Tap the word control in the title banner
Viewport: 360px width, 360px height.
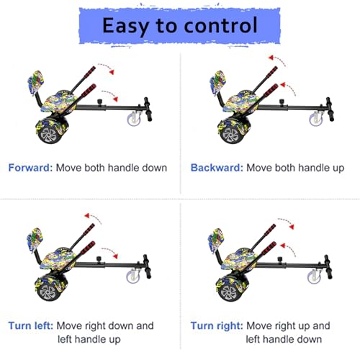[221, 25]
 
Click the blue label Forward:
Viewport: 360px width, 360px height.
[30, 168]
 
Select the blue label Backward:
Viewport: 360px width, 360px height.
[217, 168]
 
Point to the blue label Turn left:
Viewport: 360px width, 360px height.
[30, 325]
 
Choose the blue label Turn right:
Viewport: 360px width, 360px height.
[217, 325]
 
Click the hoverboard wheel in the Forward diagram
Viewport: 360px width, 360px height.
[48, 135]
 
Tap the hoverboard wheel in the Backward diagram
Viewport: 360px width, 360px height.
[230, 135]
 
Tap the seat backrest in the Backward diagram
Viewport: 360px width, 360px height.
[217, 83]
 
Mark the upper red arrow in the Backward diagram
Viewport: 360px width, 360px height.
[277, 60]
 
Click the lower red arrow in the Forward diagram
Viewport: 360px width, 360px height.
[111, 94]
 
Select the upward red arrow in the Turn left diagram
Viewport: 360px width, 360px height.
[93, 217]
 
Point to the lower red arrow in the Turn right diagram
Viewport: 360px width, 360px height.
[288, 249]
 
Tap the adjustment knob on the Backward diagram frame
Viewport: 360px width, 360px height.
[282, 102]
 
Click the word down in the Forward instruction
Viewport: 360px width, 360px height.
[154, 168]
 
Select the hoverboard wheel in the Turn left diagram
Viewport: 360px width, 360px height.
[47, 292]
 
